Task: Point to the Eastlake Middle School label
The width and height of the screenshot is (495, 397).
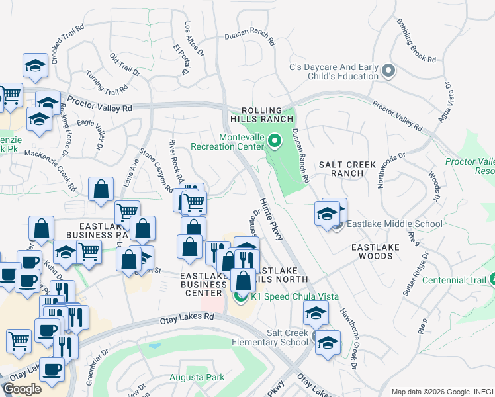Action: pyautogui.click(x=396, y=224)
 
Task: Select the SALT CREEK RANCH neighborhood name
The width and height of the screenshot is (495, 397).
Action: pyautogui.click(x=347, y=169)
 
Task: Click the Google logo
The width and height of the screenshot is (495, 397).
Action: pyautogui.click(x=22, y=389)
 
